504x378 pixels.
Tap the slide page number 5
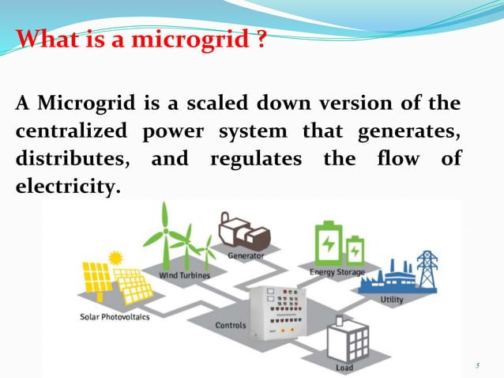click(x=478, y=365)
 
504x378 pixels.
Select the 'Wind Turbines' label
click(x=184, y=275)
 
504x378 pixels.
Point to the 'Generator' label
click(x=246, y=256)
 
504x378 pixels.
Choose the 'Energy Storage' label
click(x=337, y=272)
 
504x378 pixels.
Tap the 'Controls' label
click(x=231, y=325)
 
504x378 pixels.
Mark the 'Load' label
click(x=344, y=368)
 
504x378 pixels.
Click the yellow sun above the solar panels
click(x=116, y=258)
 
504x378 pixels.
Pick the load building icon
click(x=348, y=340)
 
